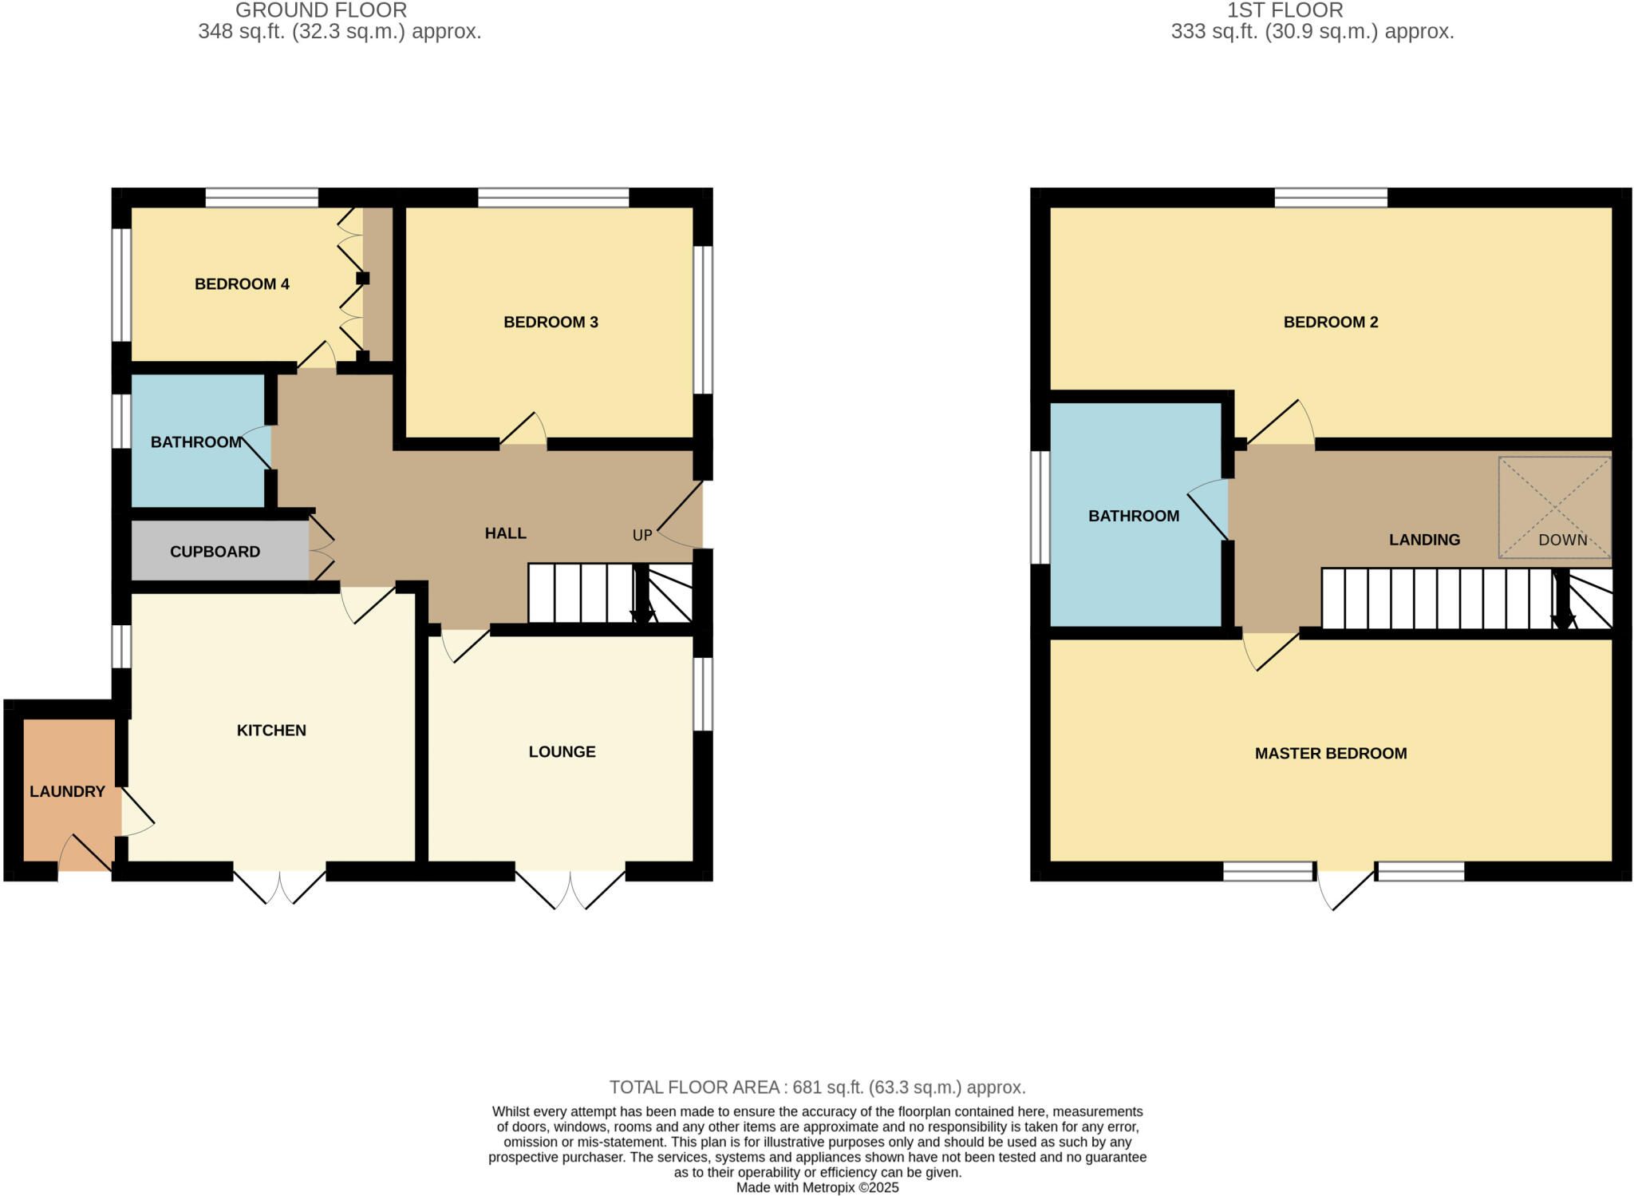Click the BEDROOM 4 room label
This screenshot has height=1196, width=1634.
pos(242,284)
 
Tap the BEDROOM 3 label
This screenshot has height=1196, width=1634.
pos(551,323)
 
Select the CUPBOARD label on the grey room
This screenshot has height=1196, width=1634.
pos(215,552)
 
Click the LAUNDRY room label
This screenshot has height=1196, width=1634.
pos(67,791)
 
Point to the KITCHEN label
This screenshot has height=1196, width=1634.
pos(271,731)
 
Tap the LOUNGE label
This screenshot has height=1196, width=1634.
pos(562,752)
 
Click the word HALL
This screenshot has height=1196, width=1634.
pos(505,533)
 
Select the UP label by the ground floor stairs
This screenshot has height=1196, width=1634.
pos(642,536)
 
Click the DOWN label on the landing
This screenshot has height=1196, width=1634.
pos(1562,541)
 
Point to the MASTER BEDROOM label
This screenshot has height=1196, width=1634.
pos(1330,754)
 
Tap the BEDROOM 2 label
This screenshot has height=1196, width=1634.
pos(1330,323)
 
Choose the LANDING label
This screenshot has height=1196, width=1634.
pos(1424,541)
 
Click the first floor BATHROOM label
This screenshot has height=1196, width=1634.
pos(1133,517)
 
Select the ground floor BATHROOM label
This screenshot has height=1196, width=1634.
pos(195,442)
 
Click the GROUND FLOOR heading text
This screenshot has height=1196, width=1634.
pos(321,10)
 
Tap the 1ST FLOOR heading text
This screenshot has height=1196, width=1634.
pos(1285,10)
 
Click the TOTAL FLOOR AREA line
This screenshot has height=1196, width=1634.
pos(817,1087)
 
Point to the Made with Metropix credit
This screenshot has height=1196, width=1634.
pos(817,1188)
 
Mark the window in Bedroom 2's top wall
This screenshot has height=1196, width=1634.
pos(1330,197)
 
